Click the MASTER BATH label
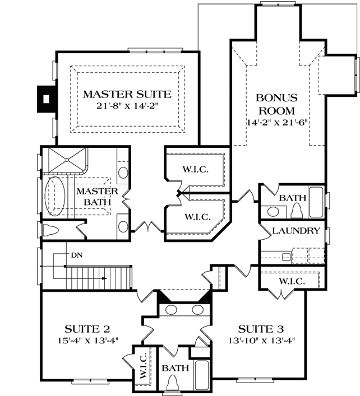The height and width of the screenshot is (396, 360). pyautogui.click(x=96, y=195)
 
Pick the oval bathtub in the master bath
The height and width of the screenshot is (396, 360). pyautogui.click(x=56, y=197)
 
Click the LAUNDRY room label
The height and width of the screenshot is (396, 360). pyautogui.click(x=296, y=231)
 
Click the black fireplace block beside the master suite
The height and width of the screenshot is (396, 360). pyautogui.click(x=45, y=99)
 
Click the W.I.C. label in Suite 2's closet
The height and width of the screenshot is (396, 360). pyautogui.click(x=142, y=366)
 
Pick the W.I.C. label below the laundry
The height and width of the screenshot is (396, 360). pyautogui.click(x=291, y=281)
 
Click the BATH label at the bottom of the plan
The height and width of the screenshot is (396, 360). pyautogui.click(x=173, y=368)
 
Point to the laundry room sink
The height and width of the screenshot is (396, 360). pyautogui.click(x=286, y=257)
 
